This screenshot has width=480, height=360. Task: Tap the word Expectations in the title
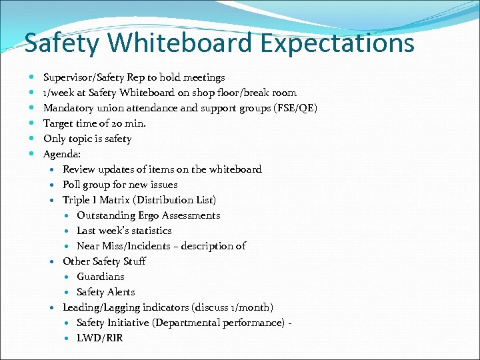tap(337, 44)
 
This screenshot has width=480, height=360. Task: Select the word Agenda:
tap(62, 154)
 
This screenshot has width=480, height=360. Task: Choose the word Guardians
tap(101, 277)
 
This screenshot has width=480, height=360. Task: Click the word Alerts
tap(121, 292)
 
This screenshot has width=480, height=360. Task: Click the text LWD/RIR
tap(100, 338)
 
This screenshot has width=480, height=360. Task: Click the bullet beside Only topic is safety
tap(33, 139)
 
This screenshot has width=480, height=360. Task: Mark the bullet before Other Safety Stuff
tap(53, 261)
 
